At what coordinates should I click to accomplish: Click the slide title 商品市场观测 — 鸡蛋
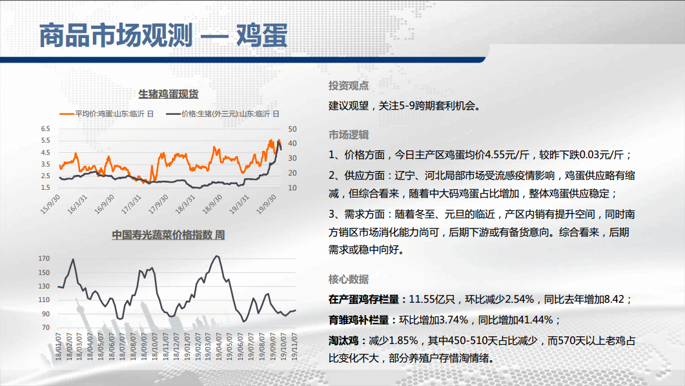[163, 36]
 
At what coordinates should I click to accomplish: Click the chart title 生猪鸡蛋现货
[169, 94]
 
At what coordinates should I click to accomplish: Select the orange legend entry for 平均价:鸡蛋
[107, 114]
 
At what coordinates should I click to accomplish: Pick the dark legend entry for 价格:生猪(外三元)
[222, 114]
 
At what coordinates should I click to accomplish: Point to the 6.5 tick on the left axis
[45, 129]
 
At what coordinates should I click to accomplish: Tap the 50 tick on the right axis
[292, 129]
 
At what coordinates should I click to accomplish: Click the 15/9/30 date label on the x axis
[50, 204]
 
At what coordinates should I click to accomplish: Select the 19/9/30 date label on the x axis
[267, 204]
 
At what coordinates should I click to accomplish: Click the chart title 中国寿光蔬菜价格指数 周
[169, 235]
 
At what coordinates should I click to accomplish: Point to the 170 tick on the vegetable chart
[44, 258]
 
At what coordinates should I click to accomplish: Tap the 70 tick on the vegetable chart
[46, 327]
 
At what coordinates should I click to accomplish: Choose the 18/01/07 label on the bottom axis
[58, 347]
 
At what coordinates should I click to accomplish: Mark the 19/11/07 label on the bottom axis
[294, 347]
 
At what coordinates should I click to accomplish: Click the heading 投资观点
[349, 86]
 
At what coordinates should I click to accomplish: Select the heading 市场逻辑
[349, 135]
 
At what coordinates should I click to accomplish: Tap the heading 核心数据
[349, 279]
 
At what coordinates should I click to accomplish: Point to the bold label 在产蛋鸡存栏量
[364, 300]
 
